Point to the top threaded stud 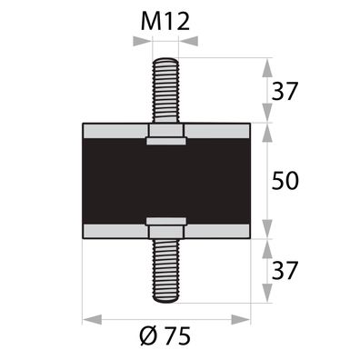(x=166, y=91)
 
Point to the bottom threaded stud (x=166, y=270)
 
